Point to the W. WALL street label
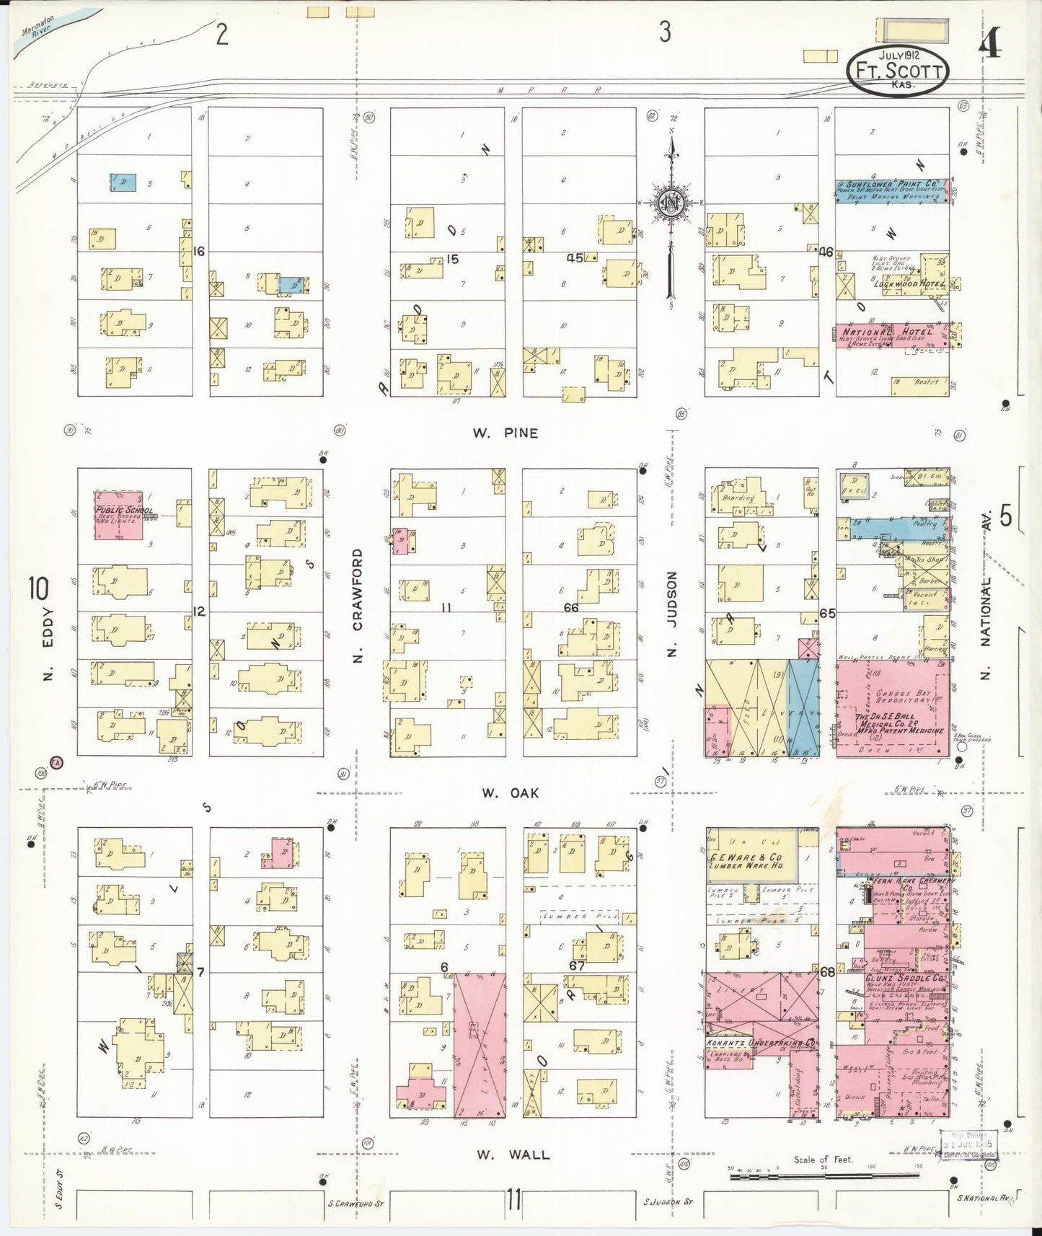[511, 1155]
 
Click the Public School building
[118, 515]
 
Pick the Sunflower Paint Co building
[891, 190]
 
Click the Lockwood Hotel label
[909, 284]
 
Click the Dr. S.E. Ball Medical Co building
[892, 707]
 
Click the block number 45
[575, 257]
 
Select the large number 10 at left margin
[39, 589]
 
